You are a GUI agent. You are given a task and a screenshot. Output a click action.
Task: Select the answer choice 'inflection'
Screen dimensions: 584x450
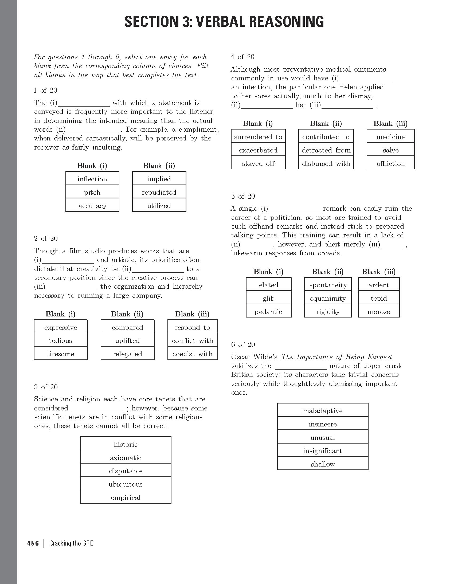pyautogui.click(x=92, y=179)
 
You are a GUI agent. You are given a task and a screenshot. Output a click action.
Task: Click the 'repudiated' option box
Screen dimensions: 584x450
pyautogui.click(x=159, y=192)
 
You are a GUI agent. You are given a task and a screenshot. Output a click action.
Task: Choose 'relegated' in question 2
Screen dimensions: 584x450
pyautogui.click(x=128, y=354)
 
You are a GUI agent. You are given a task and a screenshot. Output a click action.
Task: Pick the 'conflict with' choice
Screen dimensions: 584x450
pyautogui.click(x=193, y=341)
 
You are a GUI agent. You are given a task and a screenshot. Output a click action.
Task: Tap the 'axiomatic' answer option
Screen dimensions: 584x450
pyautogui.click(x=126, y=458)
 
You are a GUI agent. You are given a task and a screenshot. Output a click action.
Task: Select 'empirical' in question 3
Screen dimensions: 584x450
pyautogui.click(x=126, y=498)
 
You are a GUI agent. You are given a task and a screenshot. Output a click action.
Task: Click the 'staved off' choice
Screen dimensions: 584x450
pyautogui.click(x=258, y=163)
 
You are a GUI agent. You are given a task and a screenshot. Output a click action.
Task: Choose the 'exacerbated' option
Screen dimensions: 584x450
pyautogui.click(x=258, y=150)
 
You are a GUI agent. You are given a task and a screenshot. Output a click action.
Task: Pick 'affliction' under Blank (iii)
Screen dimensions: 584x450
pyautogui.click(x=391, y=163)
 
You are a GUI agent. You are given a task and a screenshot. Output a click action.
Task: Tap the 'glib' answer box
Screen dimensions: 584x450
pyautogui.click(x=268, y=299)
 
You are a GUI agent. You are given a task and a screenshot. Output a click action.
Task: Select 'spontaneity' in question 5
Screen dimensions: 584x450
pyautogui.click(x=328, y=285)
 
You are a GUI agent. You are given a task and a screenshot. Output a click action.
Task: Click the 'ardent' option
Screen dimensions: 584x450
pyautogui.click(x=379, y=285)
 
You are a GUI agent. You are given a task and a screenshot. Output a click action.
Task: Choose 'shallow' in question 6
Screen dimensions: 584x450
pyautogui.click(x=323, y=464)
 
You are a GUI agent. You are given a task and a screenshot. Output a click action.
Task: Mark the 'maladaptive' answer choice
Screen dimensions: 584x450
pyautogui.click(x=323, y=411)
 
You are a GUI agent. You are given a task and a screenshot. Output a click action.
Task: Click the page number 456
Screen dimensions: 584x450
pyautogui.click(x=33, y=543)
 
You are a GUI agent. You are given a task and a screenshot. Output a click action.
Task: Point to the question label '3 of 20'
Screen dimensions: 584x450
pyautogui.click(x=46, y=387)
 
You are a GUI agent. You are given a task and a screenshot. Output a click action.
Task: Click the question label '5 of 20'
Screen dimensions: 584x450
pyautogui.click(x=243, y=196)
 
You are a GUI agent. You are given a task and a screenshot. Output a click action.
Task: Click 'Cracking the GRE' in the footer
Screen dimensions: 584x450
pyautogui.click(x=71, y=543)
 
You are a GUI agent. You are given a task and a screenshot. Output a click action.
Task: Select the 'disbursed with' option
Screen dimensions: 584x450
pyautogui.click(x=326, y=163)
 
